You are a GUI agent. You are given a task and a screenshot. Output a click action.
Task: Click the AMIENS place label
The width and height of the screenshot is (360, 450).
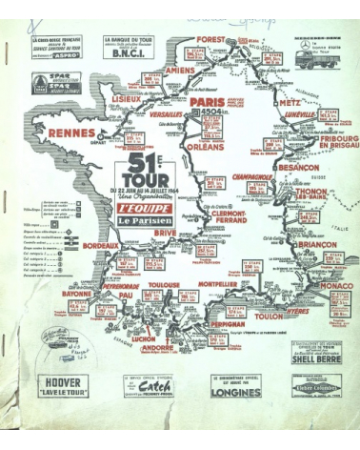pyautogui.click(x=178, y=69)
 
